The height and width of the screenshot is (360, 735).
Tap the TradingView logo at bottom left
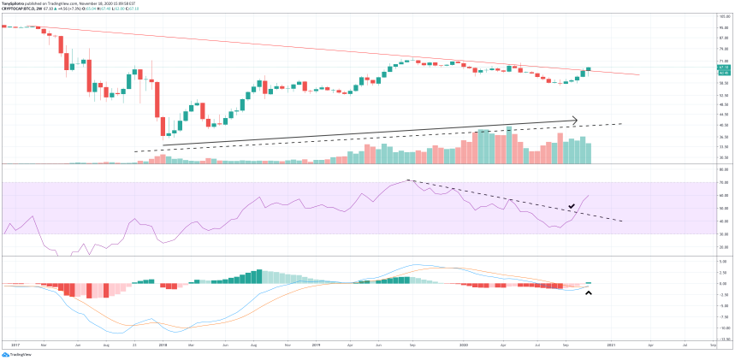tap(19, 353)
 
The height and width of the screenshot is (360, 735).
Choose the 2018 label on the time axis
tap(162, 345)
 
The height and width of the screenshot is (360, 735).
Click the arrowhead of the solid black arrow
tap(575, 120)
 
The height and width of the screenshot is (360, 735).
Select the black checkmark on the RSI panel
tap(571, 207)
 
